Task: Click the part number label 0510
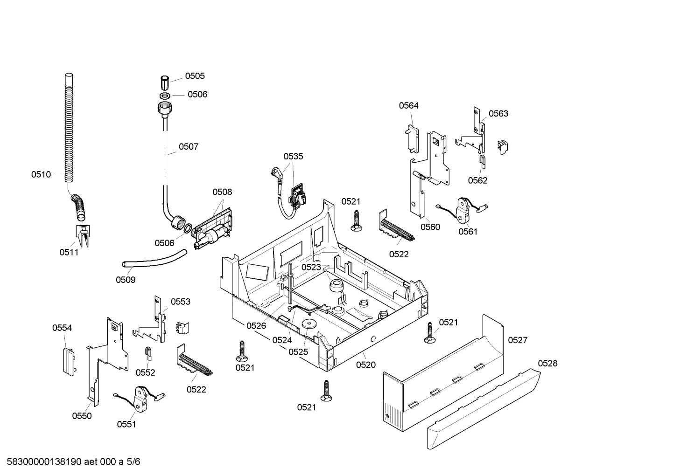pos(41,175)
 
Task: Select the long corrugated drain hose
pos(69,128)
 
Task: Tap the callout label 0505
pos(195,76)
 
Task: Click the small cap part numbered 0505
pos(165,83)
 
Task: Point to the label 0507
pos(189,146)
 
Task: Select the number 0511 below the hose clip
pos(69,252)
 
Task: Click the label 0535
pos(293,156)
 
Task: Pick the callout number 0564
pos(408,105)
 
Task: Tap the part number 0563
pos(498,113)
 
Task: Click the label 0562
pos(477,180)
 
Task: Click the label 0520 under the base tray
pos(365,365)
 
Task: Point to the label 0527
pos(518,340)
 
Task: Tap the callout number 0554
pos(62,328)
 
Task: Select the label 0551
pos(126,424)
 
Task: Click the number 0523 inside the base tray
pos(311,267)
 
